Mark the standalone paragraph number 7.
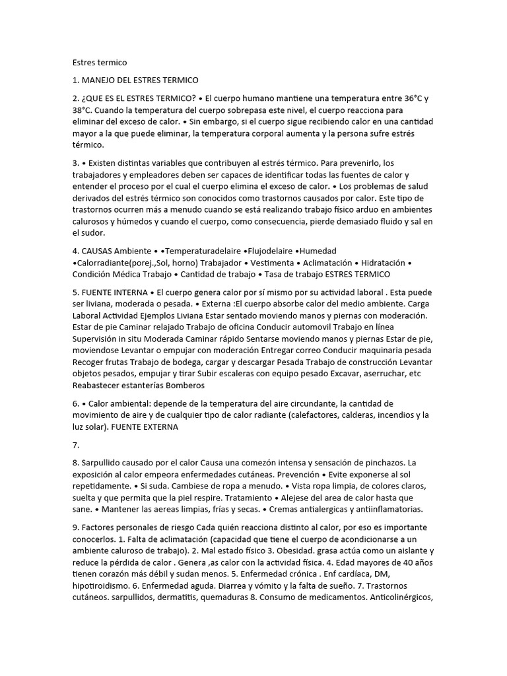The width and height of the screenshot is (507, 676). pyautogui.click(x=76, y=446)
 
